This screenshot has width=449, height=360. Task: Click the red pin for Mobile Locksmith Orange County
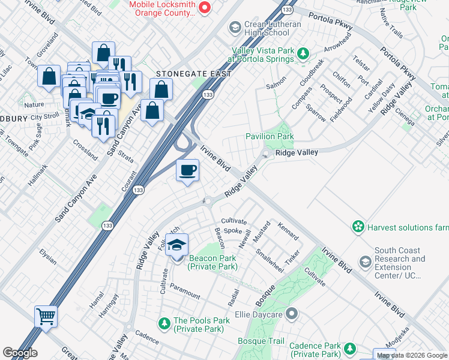(x=204, y=8)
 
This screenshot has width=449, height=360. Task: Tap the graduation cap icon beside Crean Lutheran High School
(x=235, y=28)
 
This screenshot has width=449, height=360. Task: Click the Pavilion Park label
(x=270, y=136)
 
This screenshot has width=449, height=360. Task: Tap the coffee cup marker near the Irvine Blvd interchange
(x=188, y=171)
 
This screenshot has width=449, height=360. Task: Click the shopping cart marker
(x=46, y=316)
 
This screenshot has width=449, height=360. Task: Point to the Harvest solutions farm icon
(x=358, y=227)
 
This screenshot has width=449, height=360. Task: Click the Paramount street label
(x=184, y=291)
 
